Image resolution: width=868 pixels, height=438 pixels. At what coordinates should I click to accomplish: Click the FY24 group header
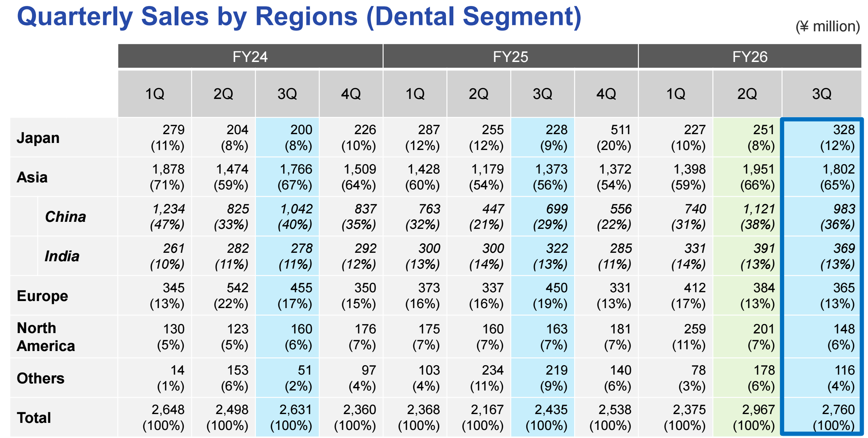[x=250, y=57]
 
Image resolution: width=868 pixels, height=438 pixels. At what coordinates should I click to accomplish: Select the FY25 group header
[x=510, y=57]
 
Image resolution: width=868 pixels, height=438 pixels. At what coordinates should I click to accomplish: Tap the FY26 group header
[x=750, y=57]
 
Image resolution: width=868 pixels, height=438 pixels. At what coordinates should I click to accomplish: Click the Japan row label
[x=38, y=138]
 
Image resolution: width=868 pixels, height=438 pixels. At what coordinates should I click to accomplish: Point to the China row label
[x=65, y=217]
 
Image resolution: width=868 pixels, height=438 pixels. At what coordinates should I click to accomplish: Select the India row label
[x=62, y=256]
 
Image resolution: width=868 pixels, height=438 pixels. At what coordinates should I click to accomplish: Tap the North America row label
[x=46, y=337]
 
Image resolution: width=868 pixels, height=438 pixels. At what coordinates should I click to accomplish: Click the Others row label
[x=40, y=378]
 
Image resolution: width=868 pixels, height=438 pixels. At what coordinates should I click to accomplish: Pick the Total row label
[x=34, y=418]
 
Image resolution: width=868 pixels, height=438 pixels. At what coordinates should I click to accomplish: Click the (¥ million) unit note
[x=828, y=26]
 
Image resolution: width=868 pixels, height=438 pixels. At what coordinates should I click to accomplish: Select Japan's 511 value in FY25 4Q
[x=621, y=130]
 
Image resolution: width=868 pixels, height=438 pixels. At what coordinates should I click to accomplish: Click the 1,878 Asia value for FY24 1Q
[x=168, y=169]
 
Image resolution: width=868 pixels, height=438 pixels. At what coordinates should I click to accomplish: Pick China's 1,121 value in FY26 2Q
[x=759, y=209]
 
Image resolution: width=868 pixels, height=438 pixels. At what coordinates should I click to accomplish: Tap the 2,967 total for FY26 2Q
[x=758, y=409]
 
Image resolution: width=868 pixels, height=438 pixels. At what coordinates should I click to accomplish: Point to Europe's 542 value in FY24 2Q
[x=238, y=288]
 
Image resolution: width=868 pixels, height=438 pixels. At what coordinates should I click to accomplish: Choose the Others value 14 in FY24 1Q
[x=177, y=370]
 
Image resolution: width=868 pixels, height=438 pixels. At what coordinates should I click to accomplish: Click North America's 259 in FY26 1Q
[x=695, y=329]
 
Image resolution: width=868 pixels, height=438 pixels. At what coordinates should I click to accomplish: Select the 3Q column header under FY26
[x=822, y=94]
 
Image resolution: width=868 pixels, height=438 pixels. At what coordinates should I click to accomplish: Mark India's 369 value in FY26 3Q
[x=844, y=248]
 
